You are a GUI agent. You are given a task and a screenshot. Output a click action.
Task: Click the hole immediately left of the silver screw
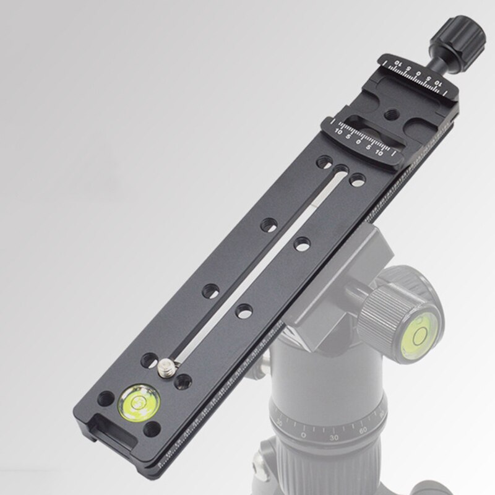[151, 357]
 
